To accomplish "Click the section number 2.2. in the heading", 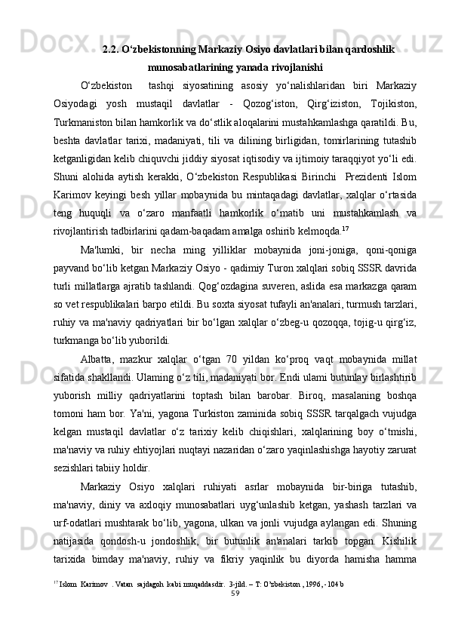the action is click(x=112, y=50).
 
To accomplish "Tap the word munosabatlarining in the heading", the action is click(x=195, y=66).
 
